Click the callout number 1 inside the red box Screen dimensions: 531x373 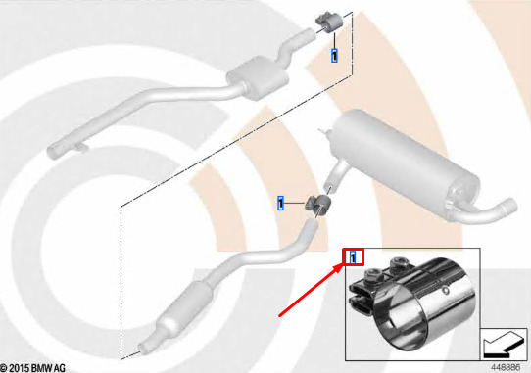click(x=353, y=257)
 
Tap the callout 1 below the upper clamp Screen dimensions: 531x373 click(x=334, y=56)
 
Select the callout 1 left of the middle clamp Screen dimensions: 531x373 click(x=281, y=203)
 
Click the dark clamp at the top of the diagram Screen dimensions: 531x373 click(x=329, y=22)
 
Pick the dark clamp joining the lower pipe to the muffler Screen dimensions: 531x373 click(x=318, y=204)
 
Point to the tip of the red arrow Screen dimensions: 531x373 click(x=343, y=264)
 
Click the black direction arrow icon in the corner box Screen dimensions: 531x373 click(x=504, y=345)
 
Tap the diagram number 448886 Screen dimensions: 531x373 click(x=506, y=367)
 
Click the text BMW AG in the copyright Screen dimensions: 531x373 click(x=48, y=368)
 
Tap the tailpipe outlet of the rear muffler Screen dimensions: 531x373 click(x=508, y=207)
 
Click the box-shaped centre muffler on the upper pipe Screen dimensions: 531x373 click(x=258, y=77)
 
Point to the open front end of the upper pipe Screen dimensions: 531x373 click(x=54, y=152)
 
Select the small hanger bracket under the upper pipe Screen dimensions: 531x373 click(x=80, y=147)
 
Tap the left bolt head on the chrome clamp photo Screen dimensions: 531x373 click(x=370, y=274)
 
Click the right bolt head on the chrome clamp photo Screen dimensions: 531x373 click(x=397, y=263)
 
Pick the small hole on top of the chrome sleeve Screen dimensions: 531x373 click(x=446, y=290)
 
